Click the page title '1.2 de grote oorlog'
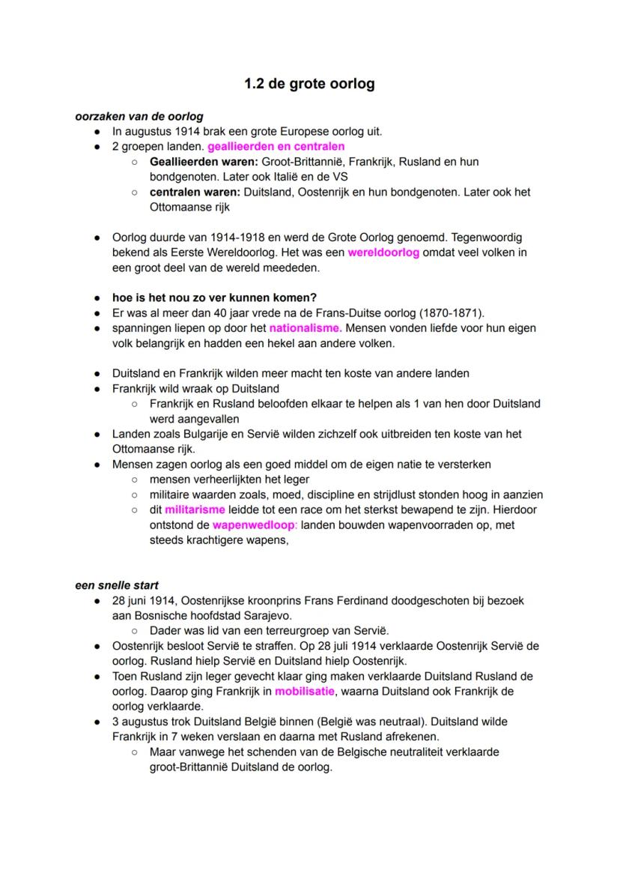click(x=309, y=84)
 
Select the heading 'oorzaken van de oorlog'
click(x=139, y=116)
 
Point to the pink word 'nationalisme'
click(x=306, y=328)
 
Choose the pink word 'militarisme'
click(x=195, y=510)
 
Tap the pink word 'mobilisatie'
click(x=306, y=691)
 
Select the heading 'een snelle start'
click(x=117, y=585)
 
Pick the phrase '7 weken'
click(x=192, y=737)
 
